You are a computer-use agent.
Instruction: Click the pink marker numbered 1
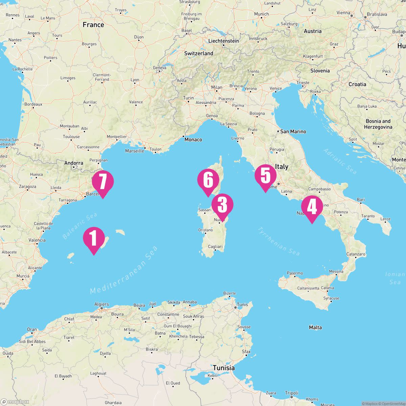coord(94,238)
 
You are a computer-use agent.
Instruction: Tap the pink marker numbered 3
coord(222,205)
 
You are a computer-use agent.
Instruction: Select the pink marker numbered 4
coord(312,207)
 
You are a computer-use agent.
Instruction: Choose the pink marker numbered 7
coord(103,182)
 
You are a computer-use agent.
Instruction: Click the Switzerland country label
coord(199,53)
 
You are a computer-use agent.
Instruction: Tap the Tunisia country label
coord(224,368)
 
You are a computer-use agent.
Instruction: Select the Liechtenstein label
coord(223,41)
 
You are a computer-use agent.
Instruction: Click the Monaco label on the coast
coord(193,139)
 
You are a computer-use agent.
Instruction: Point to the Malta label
coord(315,328)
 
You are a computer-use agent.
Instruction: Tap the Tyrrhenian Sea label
coord(278,241)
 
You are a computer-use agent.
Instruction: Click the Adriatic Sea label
coord(340,161)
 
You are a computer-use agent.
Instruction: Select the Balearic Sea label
coord(80,226)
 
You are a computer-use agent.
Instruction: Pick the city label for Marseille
coord(135,151)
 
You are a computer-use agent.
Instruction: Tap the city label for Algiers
coord(101,304)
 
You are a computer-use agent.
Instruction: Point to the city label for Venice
coord(276,89)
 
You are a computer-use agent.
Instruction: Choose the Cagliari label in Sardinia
coord(215,247)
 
